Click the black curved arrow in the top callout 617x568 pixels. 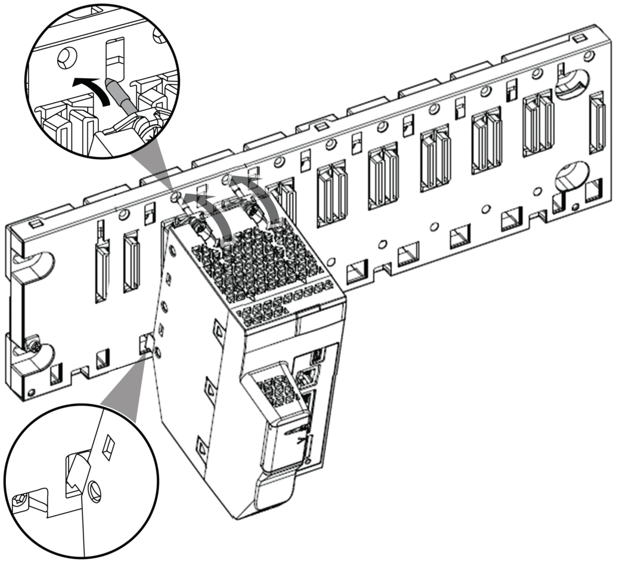[90, 88]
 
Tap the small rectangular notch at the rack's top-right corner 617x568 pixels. [578, 39]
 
